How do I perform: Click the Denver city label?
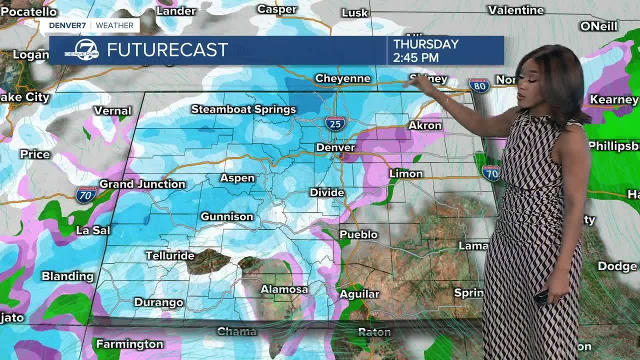(x=335, y=147)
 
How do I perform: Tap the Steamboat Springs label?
(x=243, y=109)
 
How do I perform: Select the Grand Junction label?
(x=142, y=184)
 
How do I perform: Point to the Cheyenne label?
(x=342, y=78)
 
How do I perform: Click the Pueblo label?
(x=358, y=234)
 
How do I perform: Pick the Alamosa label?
(x=284, y=289)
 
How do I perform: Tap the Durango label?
(x=158, y=302)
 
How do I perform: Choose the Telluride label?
(x=170, y=256)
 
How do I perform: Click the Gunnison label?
(x=227, y=216)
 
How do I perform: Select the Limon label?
(x=406, y=173)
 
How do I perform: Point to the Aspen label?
(x=237, y=178)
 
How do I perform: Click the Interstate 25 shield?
(x=335, y=122)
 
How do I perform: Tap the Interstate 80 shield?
(x=479, y=85)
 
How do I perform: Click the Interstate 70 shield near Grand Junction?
(x=86, y=194)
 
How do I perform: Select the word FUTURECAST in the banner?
(x=167, y=50)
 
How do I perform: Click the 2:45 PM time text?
(x=416, y=57)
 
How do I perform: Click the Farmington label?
(x=129, y=344)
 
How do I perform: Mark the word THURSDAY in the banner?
(x=426, y=44)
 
